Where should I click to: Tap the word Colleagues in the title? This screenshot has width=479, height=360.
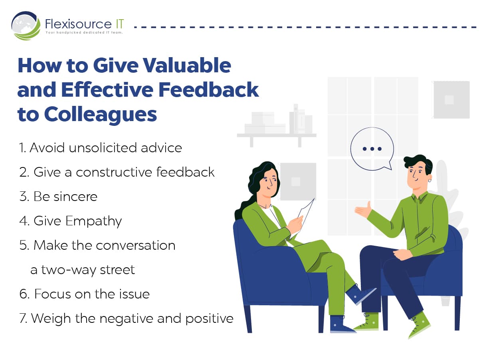click(x=100, y=115)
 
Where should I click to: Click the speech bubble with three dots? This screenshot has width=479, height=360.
click(x=372, y=149)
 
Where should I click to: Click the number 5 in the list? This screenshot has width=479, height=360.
click(x=22, y=246)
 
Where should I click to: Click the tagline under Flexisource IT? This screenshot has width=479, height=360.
click(x=84, y=32)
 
